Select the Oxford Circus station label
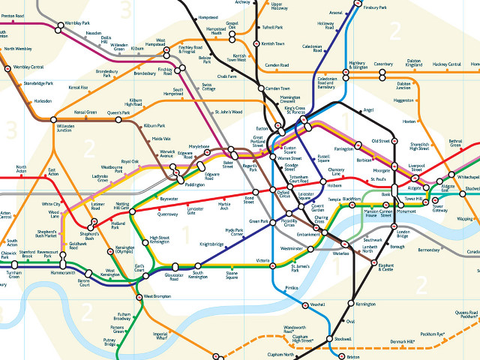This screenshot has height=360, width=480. (x=284, y=196)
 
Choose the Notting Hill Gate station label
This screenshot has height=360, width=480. (x=122, y=207)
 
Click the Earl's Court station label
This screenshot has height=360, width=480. (x=139, y=268)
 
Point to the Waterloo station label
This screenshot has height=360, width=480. (x=342, y=253)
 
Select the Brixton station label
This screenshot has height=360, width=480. (x=355, y=357)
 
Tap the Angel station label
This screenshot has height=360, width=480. (x=367, y=110)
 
